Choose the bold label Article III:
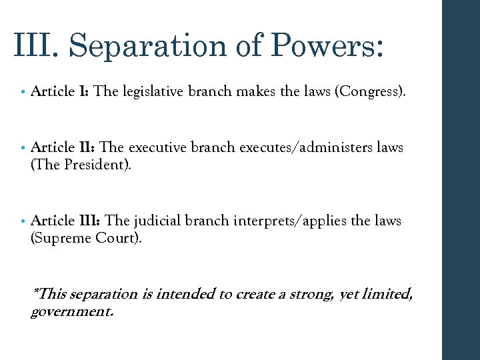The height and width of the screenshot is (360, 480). (x=65, y=221)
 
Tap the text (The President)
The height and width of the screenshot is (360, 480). (x=81, y=164)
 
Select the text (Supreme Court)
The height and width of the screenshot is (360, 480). (x=87, y=238)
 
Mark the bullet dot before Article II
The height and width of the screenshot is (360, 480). (x=23, y=148)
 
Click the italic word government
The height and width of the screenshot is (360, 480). (x=72, y=311)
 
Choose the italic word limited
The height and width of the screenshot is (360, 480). (x=387, y=294)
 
